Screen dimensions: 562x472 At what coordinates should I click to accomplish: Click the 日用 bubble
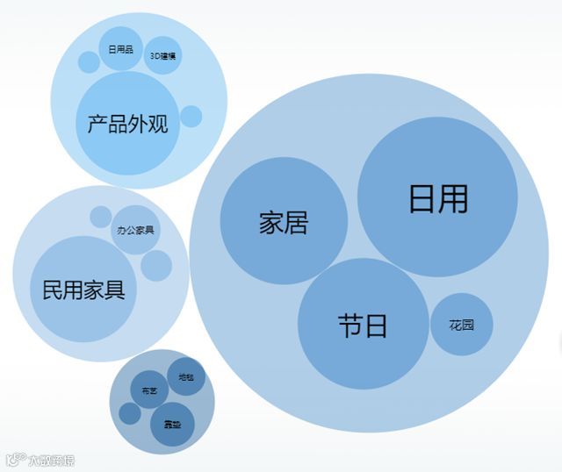pyautogui.click(x=437, y=197)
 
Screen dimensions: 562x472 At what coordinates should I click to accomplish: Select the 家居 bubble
pyautogui.click(x=284, y=221)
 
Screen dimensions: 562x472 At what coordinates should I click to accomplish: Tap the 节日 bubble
pyautogui.click(x=363, y=324)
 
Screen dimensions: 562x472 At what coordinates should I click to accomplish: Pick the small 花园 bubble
pyautogui.click(x=461, y=325)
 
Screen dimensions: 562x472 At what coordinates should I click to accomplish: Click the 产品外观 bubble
pyautogui.click(x=128, y=123)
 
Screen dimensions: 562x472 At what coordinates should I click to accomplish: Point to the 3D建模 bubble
pyautogui.click(x=162, y=55)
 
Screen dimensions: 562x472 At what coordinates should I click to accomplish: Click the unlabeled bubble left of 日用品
pyautogui.click(x=89, y=61)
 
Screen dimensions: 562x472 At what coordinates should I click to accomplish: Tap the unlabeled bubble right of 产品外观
pyautogui.click(x=191, y=116)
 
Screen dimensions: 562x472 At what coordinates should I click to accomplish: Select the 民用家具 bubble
pyautogui.click(x=83, y=289)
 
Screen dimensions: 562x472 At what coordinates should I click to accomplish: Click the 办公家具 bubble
pyautogui.click(x=135, y=230)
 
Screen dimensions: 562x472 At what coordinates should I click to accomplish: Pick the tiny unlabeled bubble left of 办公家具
pyautogui.click(x=101, y=216)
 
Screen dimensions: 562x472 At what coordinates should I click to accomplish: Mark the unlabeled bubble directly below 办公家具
pyautogui.click(x=156, y=265)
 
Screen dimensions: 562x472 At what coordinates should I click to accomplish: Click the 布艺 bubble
pyautogui.click(x=149, y=390)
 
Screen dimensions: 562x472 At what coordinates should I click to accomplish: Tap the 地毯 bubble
pyautogui.click(x=186, y=376)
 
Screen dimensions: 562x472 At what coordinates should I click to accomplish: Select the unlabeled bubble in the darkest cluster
pyautogui.click(x=130, y=413)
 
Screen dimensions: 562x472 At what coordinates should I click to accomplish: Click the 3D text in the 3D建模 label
pyautogui.click(x=155, y=56)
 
